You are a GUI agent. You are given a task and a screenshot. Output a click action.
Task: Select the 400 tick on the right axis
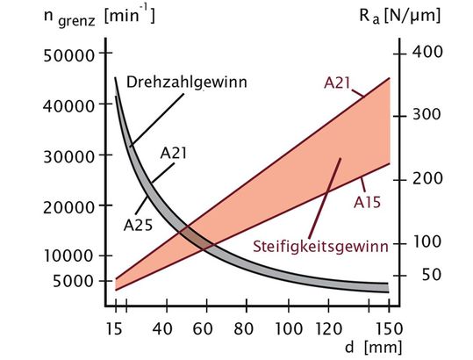coord(399,52)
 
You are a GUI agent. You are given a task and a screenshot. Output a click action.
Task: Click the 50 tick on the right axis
coord(399,275)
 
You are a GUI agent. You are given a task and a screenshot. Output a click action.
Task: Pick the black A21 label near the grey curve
coord(175,152)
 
